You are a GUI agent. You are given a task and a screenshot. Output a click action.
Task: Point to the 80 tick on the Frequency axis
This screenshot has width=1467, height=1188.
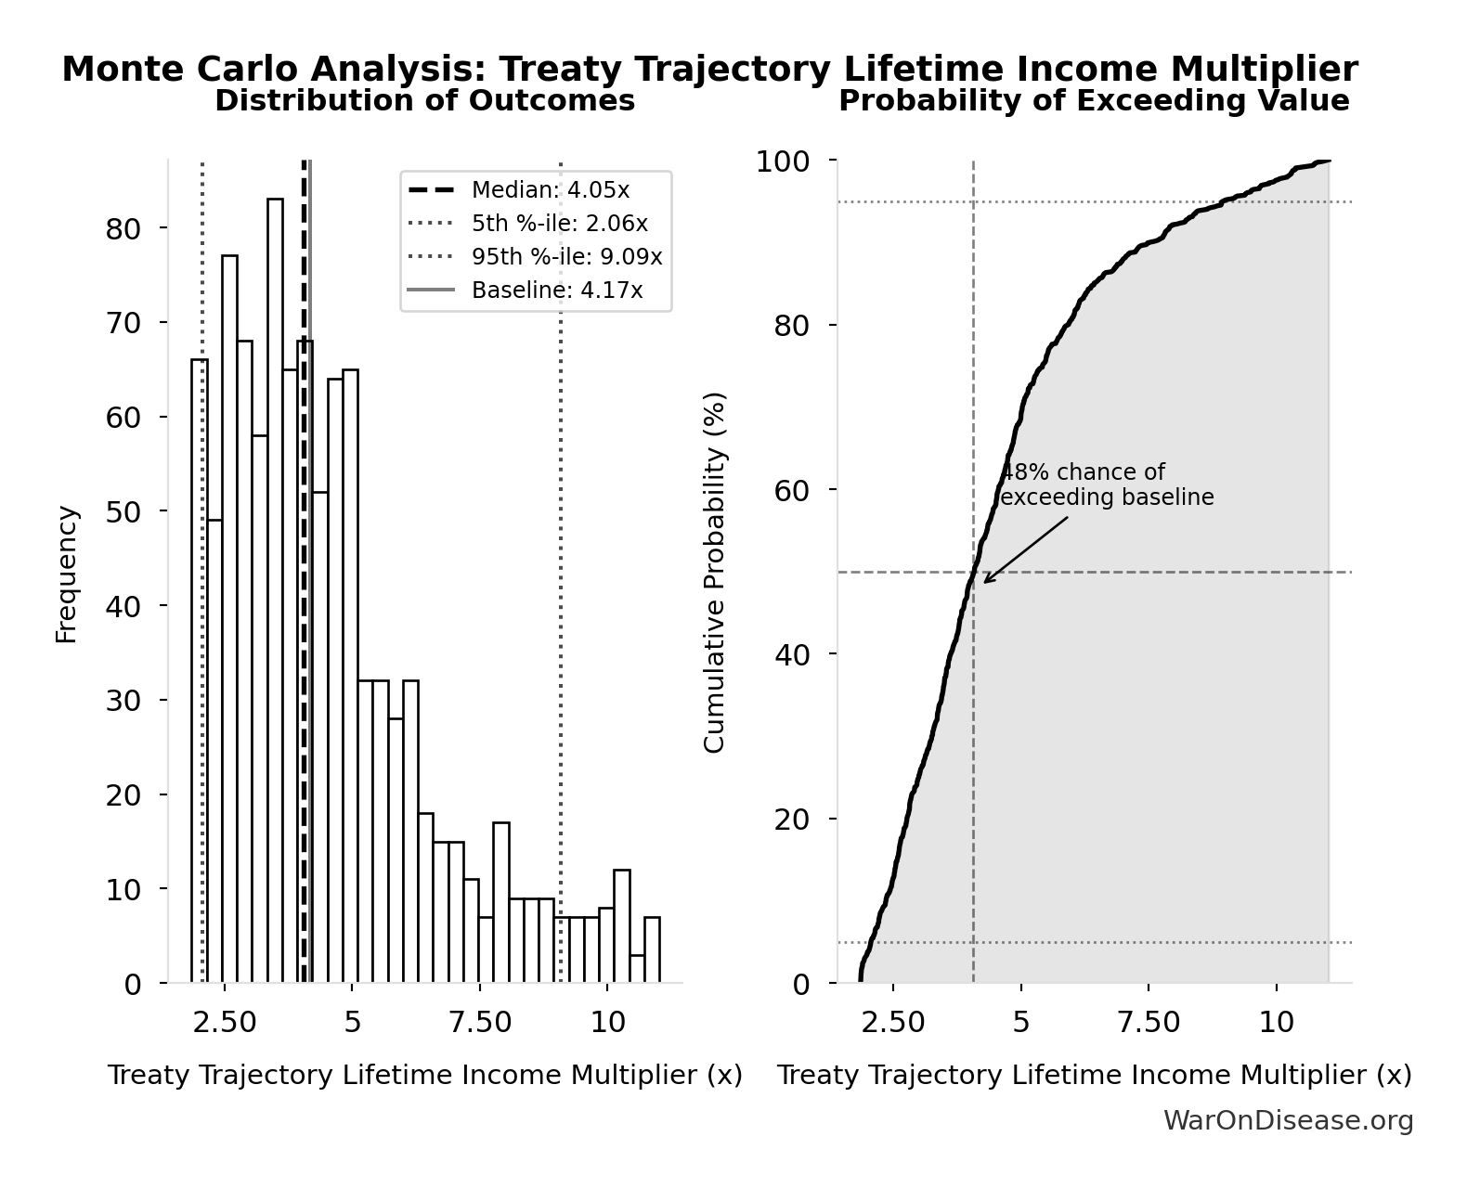(123, 228)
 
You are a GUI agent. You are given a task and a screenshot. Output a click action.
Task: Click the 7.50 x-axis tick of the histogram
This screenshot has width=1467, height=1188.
(480, 1022)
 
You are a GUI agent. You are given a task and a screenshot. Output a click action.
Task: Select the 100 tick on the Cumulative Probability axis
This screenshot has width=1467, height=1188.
(782, 161)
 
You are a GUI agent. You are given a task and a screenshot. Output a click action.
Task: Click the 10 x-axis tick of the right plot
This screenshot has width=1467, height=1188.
(1276, 1022)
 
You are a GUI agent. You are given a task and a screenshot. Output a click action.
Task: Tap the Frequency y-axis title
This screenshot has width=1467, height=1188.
(67, 574)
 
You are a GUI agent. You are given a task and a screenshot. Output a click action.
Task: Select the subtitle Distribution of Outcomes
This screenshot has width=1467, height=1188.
(424, 100)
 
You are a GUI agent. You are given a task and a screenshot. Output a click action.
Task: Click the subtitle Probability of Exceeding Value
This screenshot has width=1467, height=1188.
(1094, 100)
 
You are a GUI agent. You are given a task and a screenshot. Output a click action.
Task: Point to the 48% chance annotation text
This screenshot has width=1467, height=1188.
(1105, 484)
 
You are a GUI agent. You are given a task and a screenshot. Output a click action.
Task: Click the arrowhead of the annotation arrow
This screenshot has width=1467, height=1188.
(986, 581)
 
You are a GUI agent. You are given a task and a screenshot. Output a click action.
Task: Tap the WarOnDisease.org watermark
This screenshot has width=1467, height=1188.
(1288, 1120)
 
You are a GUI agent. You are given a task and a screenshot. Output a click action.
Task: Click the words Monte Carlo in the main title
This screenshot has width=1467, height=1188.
(181, 70)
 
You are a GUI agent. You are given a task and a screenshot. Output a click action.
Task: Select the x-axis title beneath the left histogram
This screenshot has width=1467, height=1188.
(424, 1075)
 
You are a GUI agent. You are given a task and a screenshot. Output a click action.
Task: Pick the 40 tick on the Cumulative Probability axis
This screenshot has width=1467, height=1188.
(791, 655)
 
